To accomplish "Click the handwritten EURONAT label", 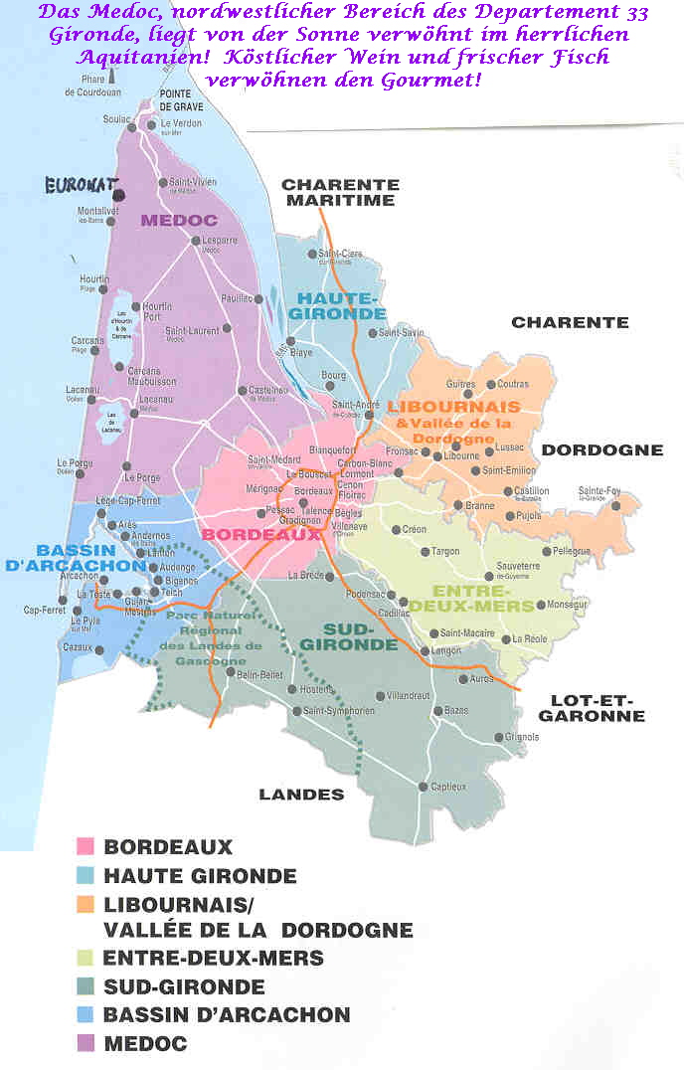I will pyautogui.click(x=80, y=184).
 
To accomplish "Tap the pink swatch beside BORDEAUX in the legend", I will pyautogui.click(x=85, y=847).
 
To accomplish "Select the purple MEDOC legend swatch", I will pyautogui.click(x=85, y=1044).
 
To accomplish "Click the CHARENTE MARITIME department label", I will pyautogui.click(x=340, y=192).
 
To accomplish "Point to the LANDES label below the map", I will pyautogui.click(x=301, y=794).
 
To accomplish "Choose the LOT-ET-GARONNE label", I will pyautogui.click(x=591, y=708).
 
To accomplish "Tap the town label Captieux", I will pyautogui.click(x=448, y=787).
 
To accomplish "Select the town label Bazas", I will pyautogui.click(x=456, y=711).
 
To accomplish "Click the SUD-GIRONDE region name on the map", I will pyautogui.click(x=361, y=636).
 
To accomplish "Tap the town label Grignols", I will pyautogui.click(x=521, y=737).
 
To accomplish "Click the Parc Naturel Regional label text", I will pyautogui.click(x=205, y=637).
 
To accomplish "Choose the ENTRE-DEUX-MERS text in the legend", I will pyautogui.click(x=213, y=959).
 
